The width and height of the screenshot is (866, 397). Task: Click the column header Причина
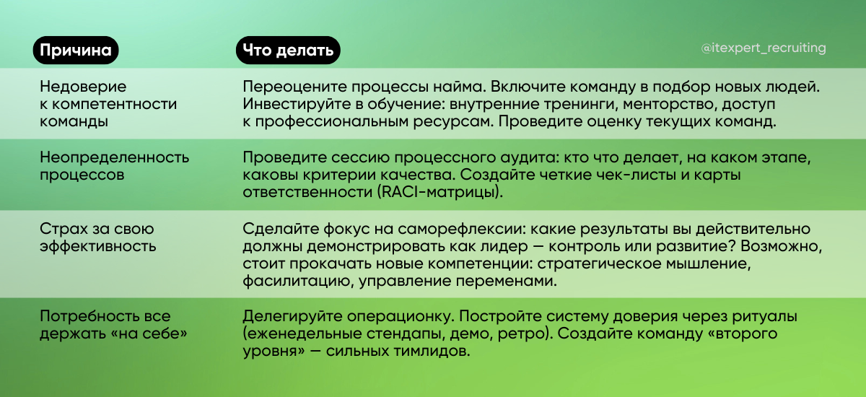click(75, 50)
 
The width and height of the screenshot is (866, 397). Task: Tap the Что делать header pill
click(288, 50)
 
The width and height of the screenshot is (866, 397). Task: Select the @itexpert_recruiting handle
click(764, 48)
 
